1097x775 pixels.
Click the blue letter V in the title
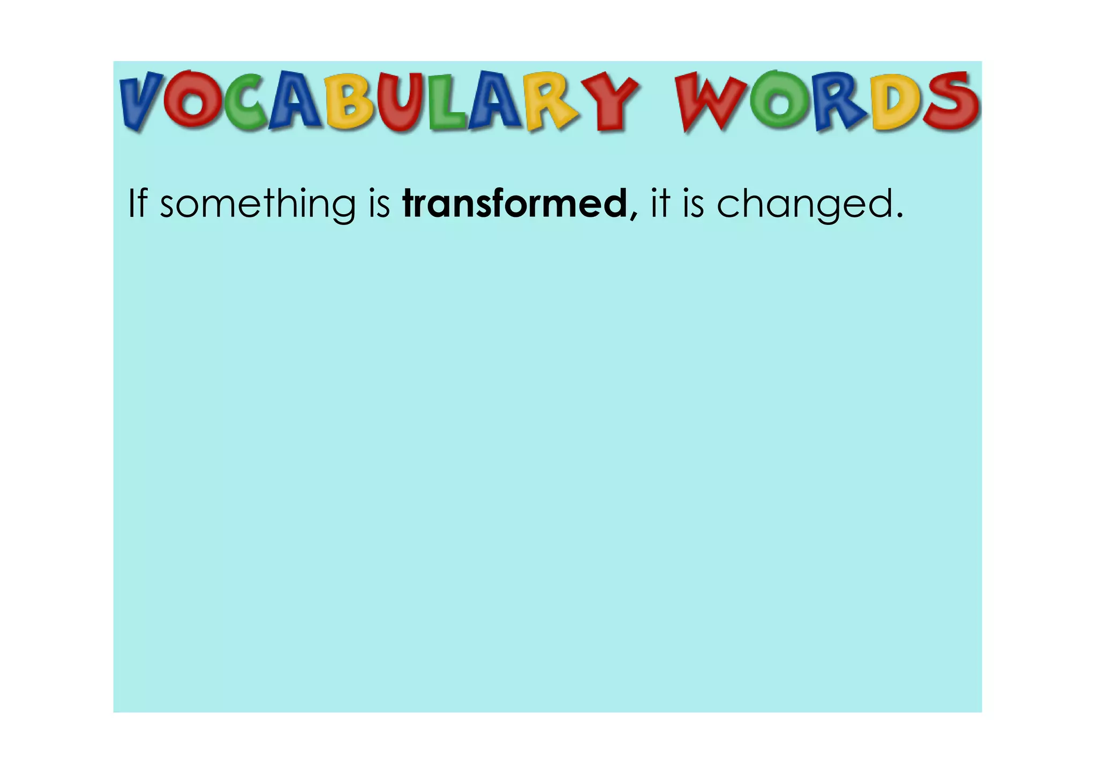tap(140, 102)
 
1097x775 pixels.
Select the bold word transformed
tap(514, 204)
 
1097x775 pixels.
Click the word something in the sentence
tap(258, 205)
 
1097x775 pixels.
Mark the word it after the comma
tap(660, 204)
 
